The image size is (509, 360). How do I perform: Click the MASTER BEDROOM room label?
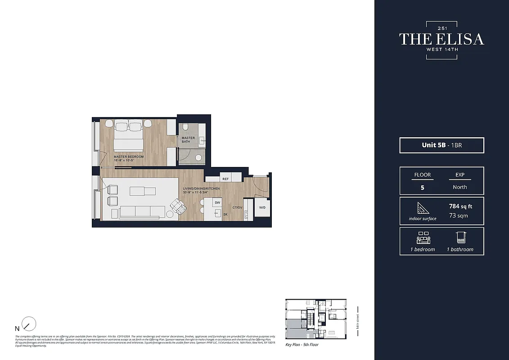(129, 157)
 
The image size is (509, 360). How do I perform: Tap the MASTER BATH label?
(188, 140)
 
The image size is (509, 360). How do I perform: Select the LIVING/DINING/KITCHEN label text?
(201, 189)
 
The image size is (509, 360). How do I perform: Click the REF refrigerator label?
(225, 179)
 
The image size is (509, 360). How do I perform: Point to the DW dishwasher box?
(217, 203)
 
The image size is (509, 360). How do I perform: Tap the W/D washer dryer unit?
(262, 207)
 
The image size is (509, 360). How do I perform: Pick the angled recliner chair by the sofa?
(178, 207)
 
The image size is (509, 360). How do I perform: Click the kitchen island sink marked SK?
(218, 214)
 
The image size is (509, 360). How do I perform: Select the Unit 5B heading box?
(441, 145)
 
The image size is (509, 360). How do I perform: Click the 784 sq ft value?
(460, 207)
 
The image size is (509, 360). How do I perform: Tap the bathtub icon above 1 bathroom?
(460, 238)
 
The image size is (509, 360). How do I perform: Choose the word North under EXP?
(460, 187)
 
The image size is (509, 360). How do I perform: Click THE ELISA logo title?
(441, 39)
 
